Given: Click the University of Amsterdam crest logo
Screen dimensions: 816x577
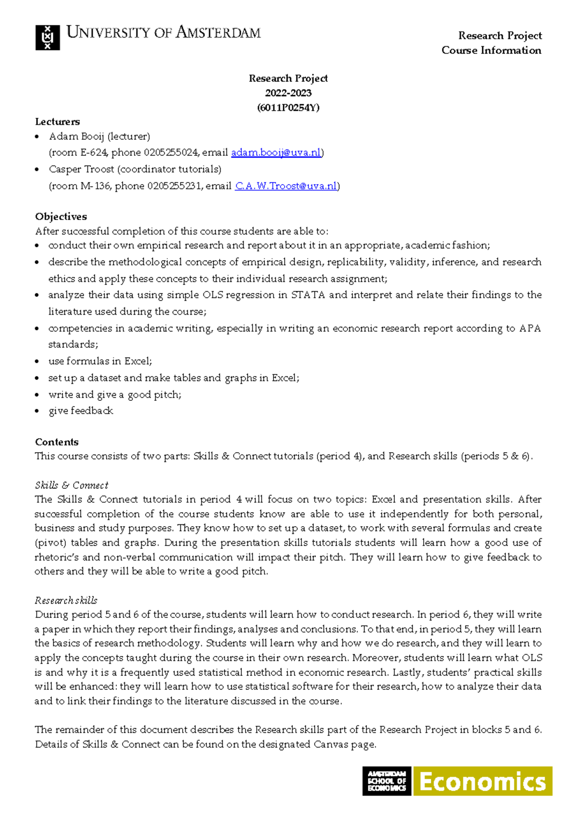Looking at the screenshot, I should pyautogui.click(x=48, y=37).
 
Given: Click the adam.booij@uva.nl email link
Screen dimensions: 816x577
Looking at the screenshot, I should pyautogui.click(x=276, y=153).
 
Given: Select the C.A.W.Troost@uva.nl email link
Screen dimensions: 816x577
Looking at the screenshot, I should pyautogui.click(x=286, y=186).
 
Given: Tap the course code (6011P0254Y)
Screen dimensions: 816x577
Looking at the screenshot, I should pyautogui.click(x=288, y=108).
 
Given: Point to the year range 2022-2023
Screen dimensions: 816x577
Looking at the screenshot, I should pyautogui.click(x=288, y=93).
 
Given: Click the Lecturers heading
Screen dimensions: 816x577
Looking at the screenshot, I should pyautogui.click(x=57, y=122).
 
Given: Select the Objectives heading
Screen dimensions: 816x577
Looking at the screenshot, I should pyautogui.click(x=61, y=216).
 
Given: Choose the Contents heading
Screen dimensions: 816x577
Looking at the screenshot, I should pyautogui.click(x=57, y=442).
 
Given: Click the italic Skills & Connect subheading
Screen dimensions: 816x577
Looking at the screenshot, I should pyautogui.click(x=71, y=485).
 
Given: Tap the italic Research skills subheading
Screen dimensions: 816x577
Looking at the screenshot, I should pyautogui.click(x=66, y=600).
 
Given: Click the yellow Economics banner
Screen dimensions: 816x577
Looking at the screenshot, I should pyautogui.click(x=483, y=781).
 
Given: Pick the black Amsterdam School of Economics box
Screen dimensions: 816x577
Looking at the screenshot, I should pyautogui.click(x=387, y=781).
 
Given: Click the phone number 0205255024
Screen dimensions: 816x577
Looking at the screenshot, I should pyautogui.click(x=171, y=153).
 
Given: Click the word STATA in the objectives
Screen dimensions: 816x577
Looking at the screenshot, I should pyautogui.click(x=308, y=295).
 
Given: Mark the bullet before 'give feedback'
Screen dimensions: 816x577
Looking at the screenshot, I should pyautogui.click(x=38, y=411).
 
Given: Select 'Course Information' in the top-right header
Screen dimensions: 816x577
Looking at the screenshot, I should pyautogui.click(x=491, y=50).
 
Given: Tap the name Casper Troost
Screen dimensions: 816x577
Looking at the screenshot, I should pyautogui.click(x=81, y=169).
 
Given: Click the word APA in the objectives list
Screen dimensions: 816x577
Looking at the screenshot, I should pyautogui.click(x=530, y=328).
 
